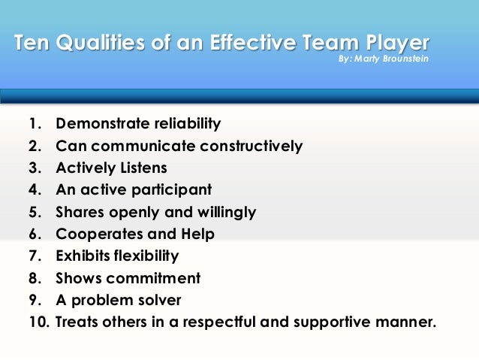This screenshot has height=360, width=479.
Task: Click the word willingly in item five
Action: [x=226, y=212]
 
